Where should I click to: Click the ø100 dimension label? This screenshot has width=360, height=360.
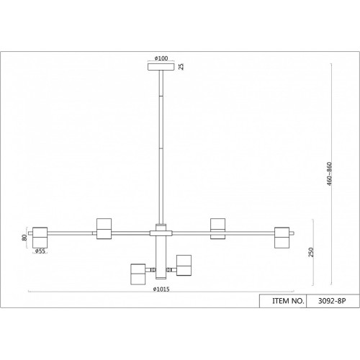(161, 58)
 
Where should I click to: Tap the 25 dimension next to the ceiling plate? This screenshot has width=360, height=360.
(181, 66)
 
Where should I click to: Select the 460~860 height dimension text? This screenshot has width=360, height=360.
(329, 174)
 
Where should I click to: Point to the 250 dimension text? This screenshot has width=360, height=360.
(311, 252)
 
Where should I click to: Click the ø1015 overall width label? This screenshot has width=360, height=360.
(161, 289)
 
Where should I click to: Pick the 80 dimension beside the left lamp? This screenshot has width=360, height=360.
(24, 238)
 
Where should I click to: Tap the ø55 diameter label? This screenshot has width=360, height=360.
(40, 251)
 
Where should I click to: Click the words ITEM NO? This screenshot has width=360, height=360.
(288, 301)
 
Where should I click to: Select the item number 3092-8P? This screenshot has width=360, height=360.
(332, 301)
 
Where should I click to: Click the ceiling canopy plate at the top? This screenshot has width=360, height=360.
(161, 67)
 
